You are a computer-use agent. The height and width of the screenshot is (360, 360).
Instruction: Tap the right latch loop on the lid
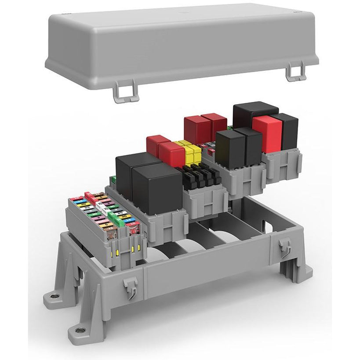(x=295, y=72)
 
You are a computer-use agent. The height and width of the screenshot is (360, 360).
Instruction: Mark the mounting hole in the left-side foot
(x=54, y=296)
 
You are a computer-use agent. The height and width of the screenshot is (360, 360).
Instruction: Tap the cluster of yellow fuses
(x=189, y=152)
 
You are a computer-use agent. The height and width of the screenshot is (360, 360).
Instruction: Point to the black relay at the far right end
(x=289, y=131)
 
